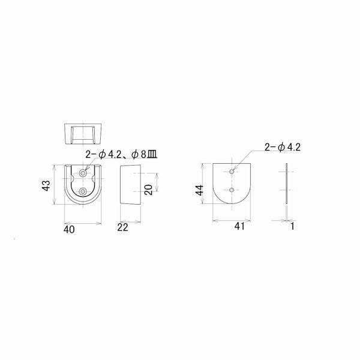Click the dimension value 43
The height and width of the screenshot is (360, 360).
(x=46, y=185)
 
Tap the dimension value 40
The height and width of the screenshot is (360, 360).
(x=69, y=229)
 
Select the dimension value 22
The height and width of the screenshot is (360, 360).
(x=122, y=227)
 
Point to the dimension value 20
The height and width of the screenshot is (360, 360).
(x=149, y=190)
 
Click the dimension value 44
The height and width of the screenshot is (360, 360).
(x=200, y=190)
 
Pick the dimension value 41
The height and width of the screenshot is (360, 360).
(x=239, y=226)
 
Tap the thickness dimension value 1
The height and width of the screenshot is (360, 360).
(x=292, y=226)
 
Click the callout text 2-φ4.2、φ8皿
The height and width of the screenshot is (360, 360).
(x=121, y=155)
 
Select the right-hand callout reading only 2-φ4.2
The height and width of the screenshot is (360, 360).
(x=283, y=147)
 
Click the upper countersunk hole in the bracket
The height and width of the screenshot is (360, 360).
(x=83, y=173)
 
